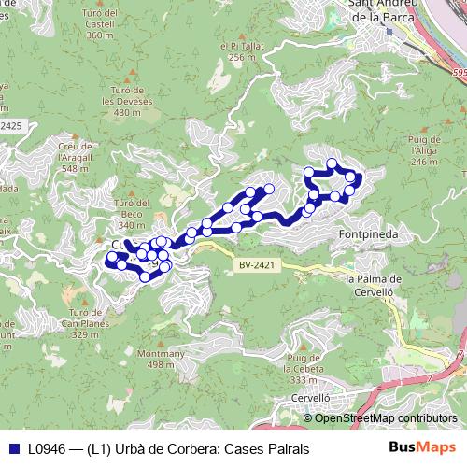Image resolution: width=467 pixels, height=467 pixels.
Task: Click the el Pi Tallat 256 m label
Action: [241, 50]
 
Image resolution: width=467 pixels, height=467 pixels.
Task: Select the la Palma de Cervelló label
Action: [373, 284]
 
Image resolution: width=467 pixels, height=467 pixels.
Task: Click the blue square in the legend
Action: [13, 448]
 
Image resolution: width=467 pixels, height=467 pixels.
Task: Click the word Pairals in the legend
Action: [285, 448]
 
